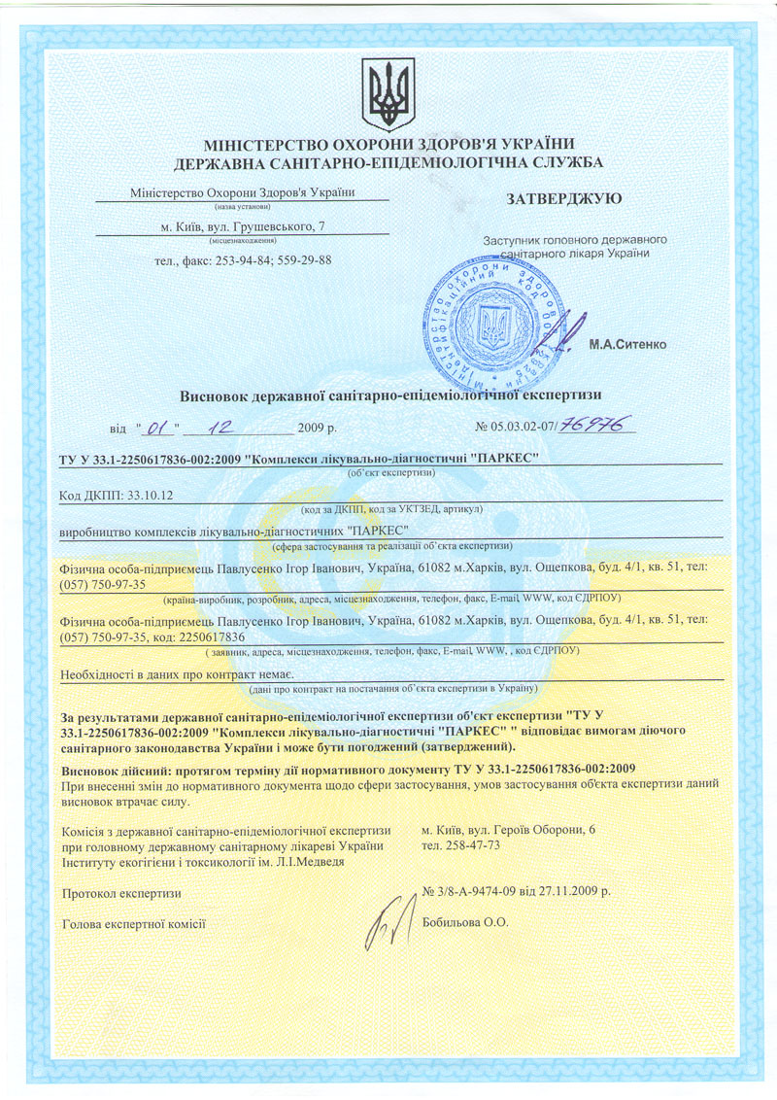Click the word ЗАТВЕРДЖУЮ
pos(564,199)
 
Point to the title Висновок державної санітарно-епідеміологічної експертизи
pos(391,395)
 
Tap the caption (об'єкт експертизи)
pos(391,472)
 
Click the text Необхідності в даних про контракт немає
pos(178,672)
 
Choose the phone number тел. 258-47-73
pos(461,845)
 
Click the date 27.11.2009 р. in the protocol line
pos(577,890)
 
